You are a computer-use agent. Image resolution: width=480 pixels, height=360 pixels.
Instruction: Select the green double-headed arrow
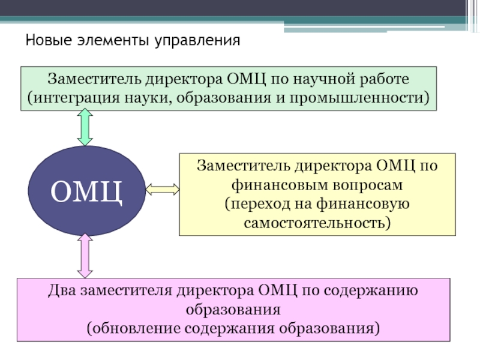pos(85,128)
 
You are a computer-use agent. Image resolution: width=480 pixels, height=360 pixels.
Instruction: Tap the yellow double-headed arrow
pos(162,190)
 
